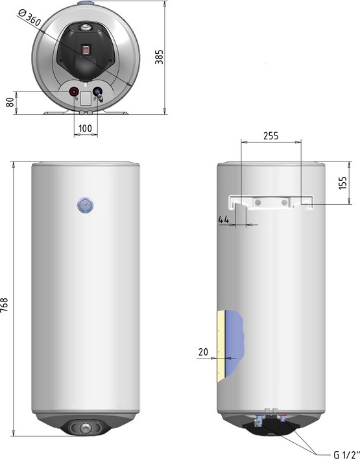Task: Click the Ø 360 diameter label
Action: coord(29,18)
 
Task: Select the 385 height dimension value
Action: coord(159,57)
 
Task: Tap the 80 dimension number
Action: coord(10,102)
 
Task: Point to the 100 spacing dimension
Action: coord(85,128)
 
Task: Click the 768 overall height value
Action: coord(5,305)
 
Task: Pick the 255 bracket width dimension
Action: coord(271,136)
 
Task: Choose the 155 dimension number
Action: coord(342,183)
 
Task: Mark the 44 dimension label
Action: coord(224,219)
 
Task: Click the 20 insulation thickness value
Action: coord(203,352)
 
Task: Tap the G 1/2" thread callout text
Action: coord(346,454)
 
